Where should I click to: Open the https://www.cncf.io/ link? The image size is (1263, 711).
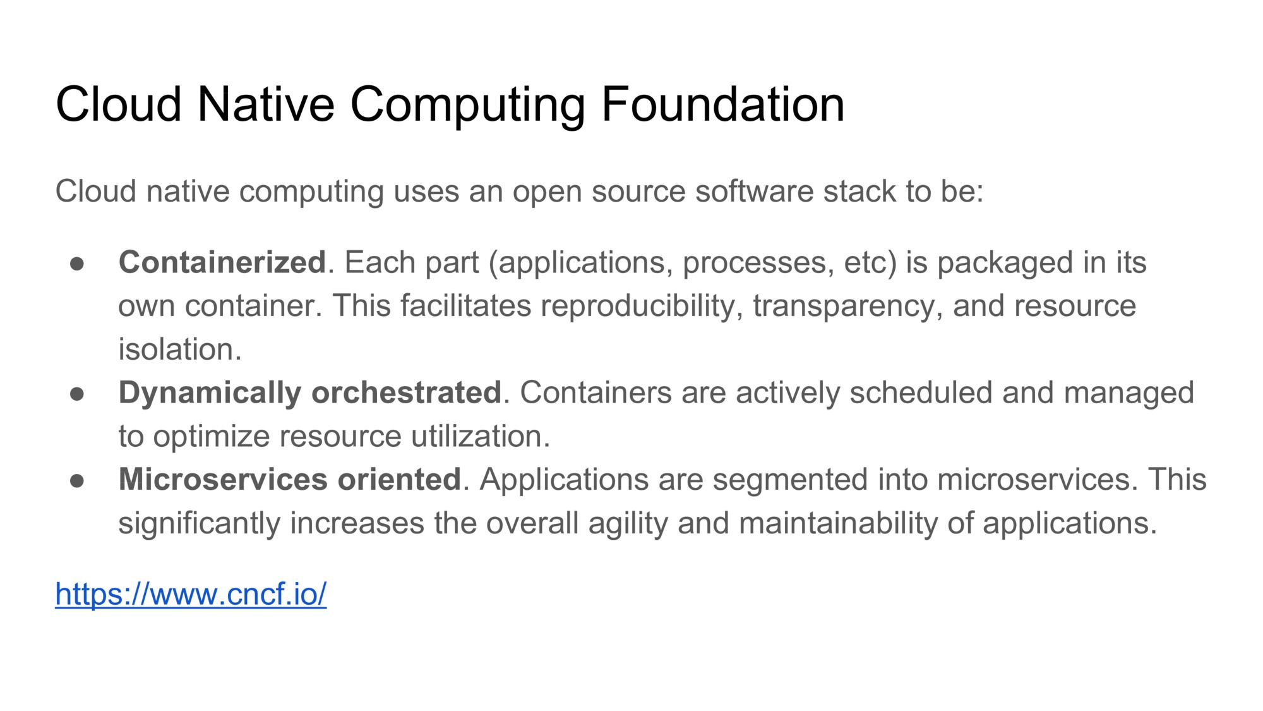coord(191,594)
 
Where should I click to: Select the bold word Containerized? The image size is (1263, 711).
coord(222,262)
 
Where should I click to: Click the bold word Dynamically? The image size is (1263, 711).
coord(210,393)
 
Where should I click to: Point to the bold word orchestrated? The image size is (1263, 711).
coord(406,392)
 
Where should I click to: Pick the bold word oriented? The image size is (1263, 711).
coord(399,479)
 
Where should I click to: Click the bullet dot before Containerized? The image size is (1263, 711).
coord(77,263)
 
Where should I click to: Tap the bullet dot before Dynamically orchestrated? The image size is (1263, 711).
coord(77,393)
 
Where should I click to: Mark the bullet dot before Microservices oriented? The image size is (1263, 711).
coord(77,480)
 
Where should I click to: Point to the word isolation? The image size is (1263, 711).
coord(180,349)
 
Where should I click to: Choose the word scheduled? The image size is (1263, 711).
coord(921,392)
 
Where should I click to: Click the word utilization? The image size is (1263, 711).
coord(481,436)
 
